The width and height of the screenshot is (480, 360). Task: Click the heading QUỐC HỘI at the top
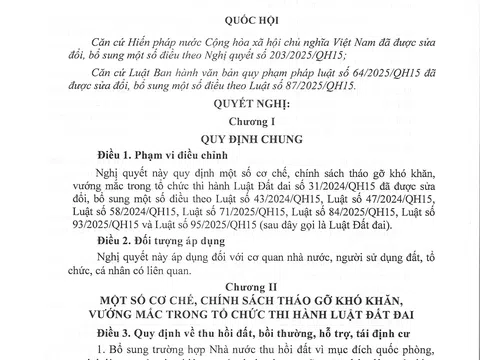(239, 13)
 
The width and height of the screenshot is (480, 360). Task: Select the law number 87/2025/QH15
(335, 86)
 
